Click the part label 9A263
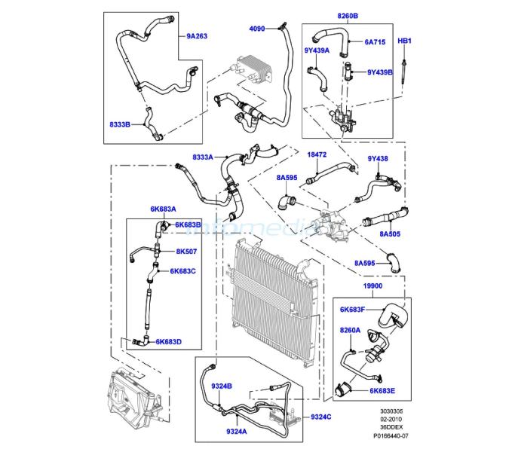click(197, 36)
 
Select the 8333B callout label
click(120, 124)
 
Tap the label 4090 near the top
click(257, 29)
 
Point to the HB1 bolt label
click(404, 41)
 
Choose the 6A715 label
click(375, 41)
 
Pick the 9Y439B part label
click(380, 72)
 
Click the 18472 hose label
click(317, 154)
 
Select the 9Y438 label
click(378, 158)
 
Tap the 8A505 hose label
click(390, 234)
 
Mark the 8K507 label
click(186, 252)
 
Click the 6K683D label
click(168, 342)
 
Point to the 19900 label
click(372, 286)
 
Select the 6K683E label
click(382, 391)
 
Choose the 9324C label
click(321, 417)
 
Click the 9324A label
click(237, 432)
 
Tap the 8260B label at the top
click(348, 16)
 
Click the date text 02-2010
click(391, 419)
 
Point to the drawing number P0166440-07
click(391, 436)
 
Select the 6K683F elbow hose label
click(352, 309)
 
